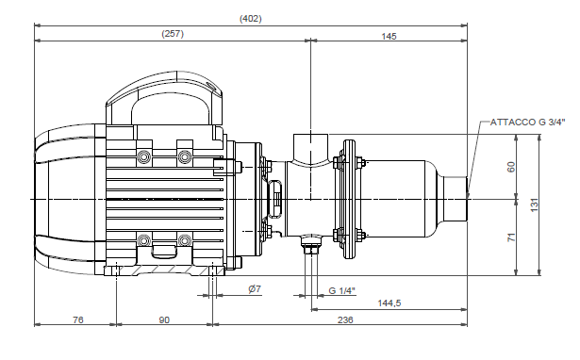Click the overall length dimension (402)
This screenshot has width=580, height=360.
251,18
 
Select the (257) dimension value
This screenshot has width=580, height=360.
172,33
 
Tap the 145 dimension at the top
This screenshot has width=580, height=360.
389,36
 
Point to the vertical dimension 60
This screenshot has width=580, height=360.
511,167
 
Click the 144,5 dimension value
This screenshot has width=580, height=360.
389,303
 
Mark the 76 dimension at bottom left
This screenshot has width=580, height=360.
78,320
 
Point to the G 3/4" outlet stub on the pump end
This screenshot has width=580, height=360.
469,200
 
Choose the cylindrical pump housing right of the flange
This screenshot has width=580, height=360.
406,200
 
